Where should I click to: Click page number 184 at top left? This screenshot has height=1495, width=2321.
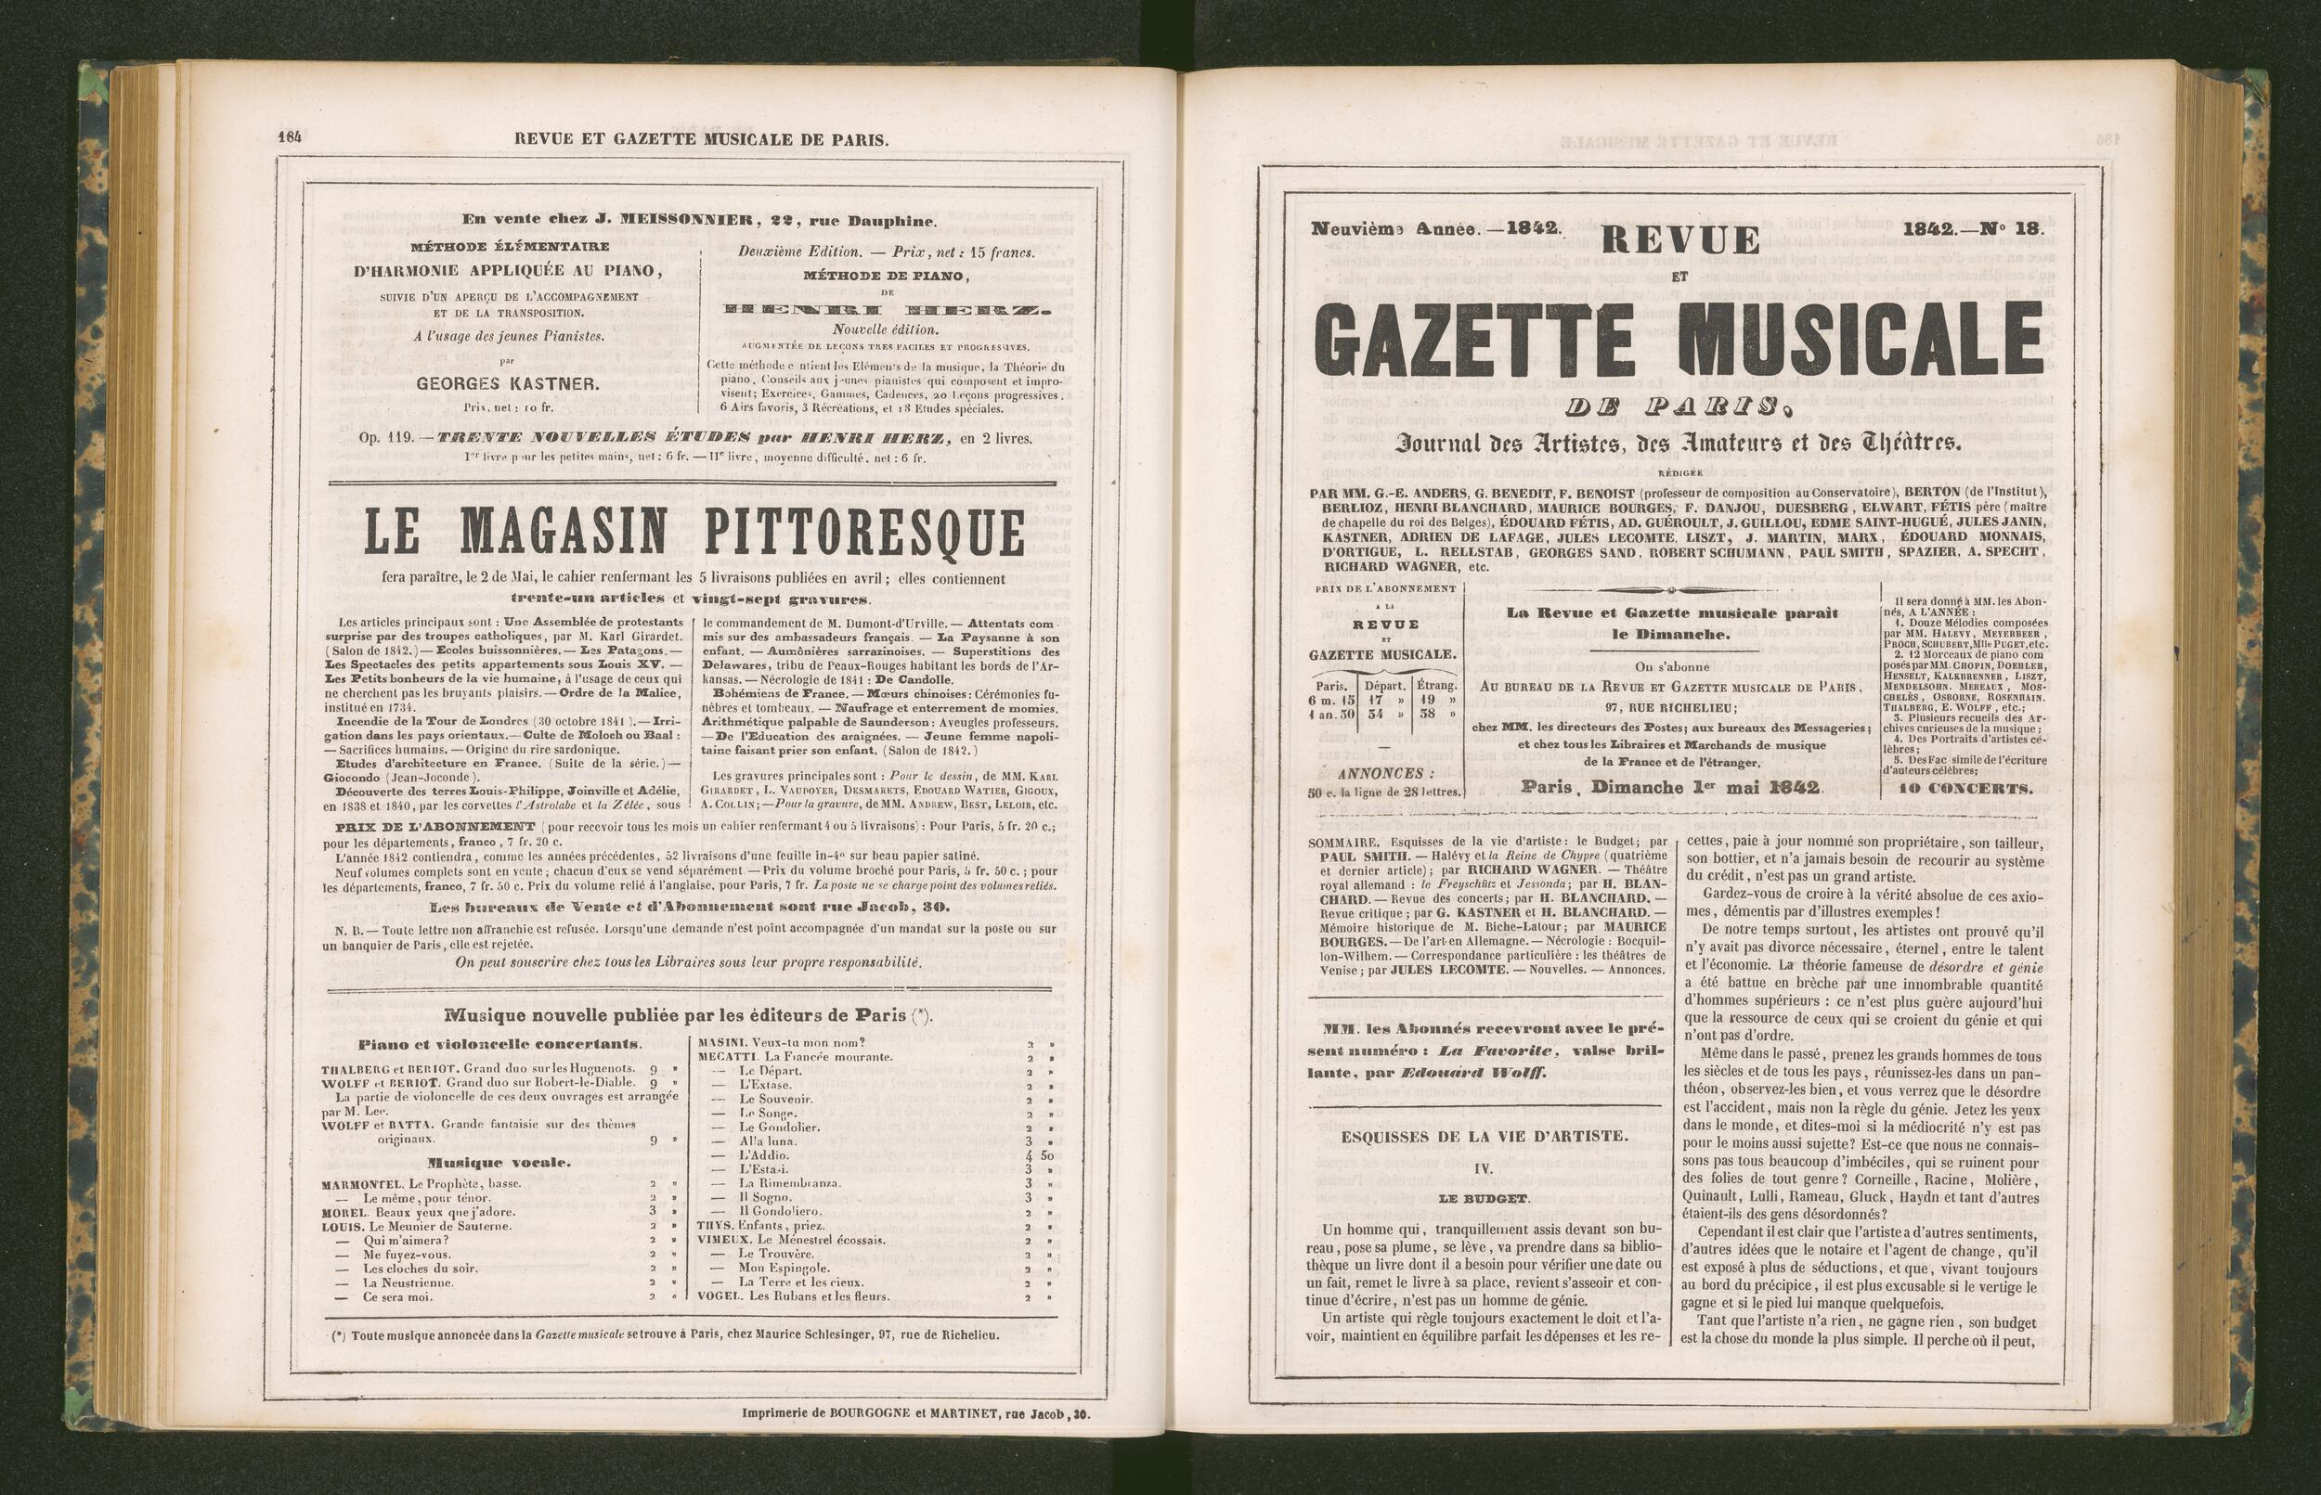290,138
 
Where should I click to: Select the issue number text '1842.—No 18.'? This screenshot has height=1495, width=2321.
1972,230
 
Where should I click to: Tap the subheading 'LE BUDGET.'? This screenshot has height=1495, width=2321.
1484,1199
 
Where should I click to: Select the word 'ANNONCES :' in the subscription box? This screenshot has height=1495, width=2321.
1385,774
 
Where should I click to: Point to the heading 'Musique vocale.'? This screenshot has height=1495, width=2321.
499,1162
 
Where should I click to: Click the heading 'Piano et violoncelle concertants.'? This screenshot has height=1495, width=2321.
499,1045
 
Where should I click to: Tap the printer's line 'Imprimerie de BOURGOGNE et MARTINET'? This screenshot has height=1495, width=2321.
917,1414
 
